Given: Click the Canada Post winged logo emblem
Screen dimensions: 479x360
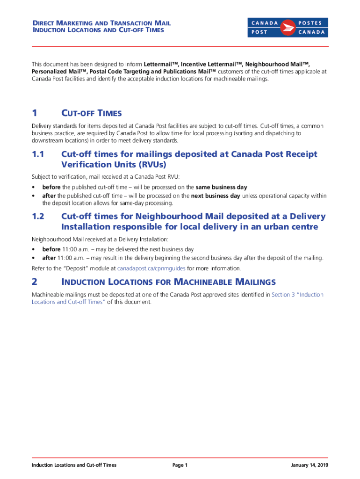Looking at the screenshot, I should tap(288, 28).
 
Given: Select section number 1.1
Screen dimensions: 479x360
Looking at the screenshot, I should tap(38, 154).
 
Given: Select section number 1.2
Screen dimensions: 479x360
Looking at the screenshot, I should tap(38, 217).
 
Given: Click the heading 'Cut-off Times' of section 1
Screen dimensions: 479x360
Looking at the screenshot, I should tap(91, 113).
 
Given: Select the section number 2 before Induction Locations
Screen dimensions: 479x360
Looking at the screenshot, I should tap(34, 282).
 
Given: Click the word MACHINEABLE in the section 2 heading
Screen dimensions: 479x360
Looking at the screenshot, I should tap(203, 282).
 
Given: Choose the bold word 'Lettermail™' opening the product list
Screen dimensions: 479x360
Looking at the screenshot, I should tap(161, 64).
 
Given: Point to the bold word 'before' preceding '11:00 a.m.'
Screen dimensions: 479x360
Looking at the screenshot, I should tap(50, 250).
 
